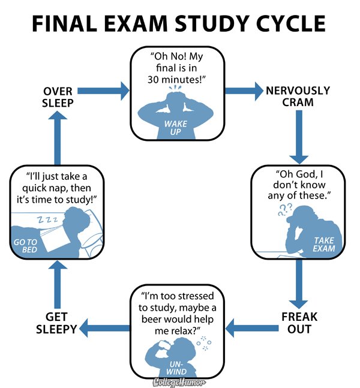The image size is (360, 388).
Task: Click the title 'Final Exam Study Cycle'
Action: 179,24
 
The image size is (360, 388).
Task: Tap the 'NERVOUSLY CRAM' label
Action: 298,96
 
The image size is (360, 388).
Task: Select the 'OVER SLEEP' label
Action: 58,97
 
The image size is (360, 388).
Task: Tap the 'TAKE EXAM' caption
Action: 324,244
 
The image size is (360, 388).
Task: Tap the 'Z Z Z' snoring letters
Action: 47,220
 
